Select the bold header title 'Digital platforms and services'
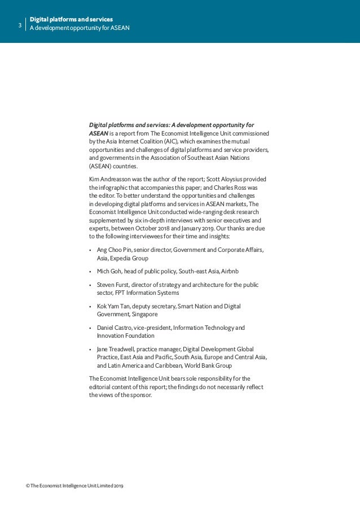tap(71, 20)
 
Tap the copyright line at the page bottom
tap(74, 486)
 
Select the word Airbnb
tap(230, 271)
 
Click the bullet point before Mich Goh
tap(91, 271)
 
